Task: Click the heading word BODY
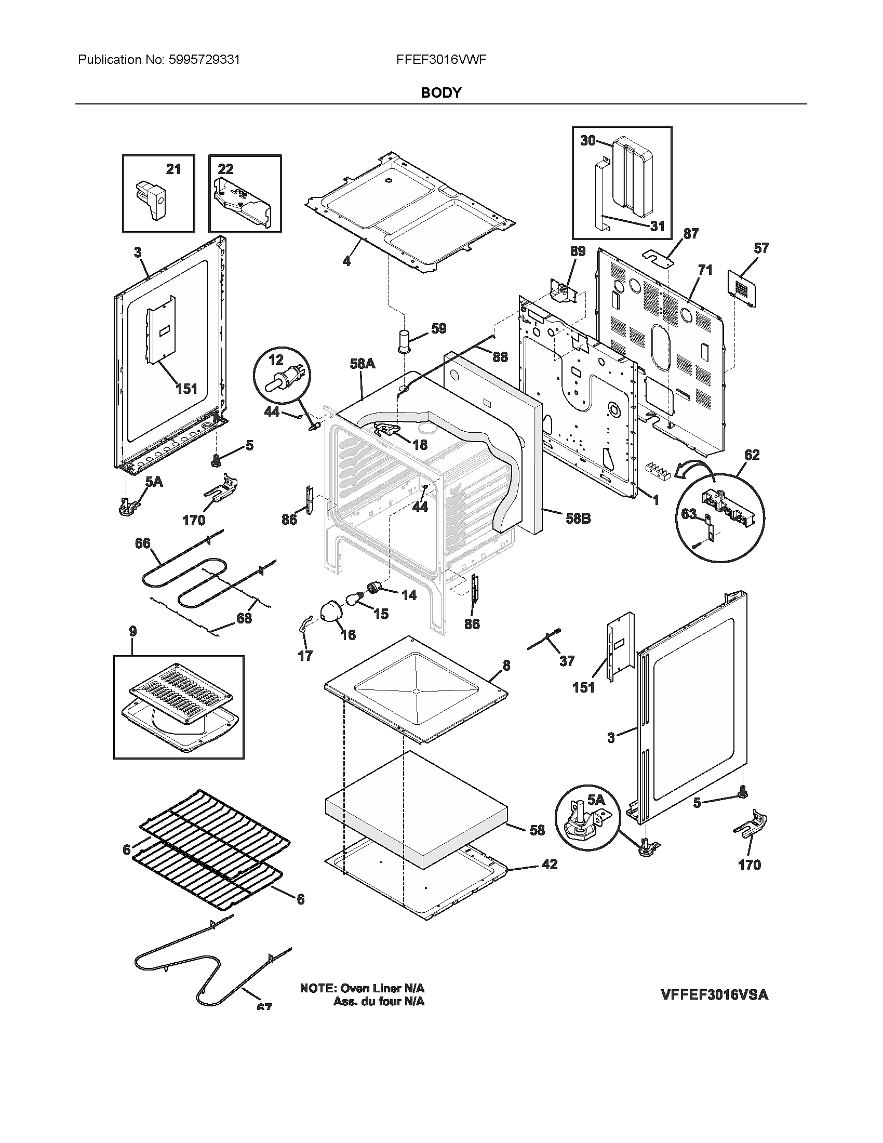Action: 441,92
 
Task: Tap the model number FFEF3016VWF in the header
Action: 441,60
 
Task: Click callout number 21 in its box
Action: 173,169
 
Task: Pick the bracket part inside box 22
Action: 243,202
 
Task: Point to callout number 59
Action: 438,328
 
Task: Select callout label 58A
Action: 363,363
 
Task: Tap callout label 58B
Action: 578,519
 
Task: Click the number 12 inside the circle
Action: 276,360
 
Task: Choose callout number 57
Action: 761,247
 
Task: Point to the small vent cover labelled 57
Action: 742,288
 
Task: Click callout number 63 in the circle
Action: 688,513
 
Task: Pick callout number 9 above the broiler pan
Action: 133,631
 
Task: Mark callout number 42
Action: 549,864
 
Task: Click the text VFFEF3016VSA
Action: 715,994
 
